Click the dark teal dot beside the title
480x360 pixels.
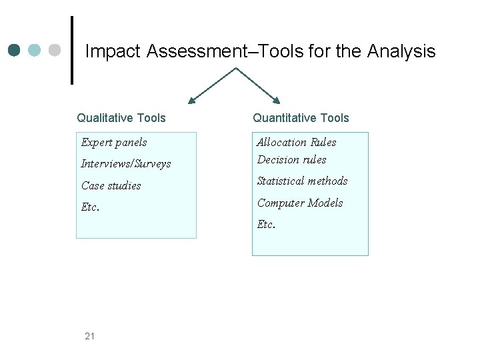pos(15,51)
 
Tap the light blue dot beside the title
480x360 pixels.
pos(35,51)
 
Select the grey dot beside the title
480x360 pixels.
pos(55,51)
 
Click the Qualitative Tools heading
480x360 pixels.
pos(121,118)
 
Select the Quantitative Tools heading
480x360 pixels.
pos(301,118)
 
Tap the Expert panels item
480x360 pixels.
pos(114,142)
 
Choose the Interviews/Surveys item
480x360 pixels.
pos(126,163)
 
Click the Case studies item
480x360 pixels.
pos(111,185)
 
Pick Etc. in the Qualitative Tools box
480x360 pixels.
pos(91,207)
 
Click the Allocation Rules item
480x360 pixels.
pos(297,142)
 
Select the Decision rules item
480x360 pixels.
pos(292,159)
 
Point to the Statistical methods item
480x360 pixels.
pos(303,181)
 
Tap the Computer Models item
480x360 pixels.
pos(300,203)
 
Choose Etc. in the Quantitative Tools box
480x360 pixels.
pos(267,224)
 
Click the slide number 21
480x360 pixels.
pos(90,336)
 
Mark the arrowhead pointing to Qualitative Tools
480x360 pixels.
pos(192,101)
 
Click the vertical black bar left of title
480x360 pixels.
pos(71,51)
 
